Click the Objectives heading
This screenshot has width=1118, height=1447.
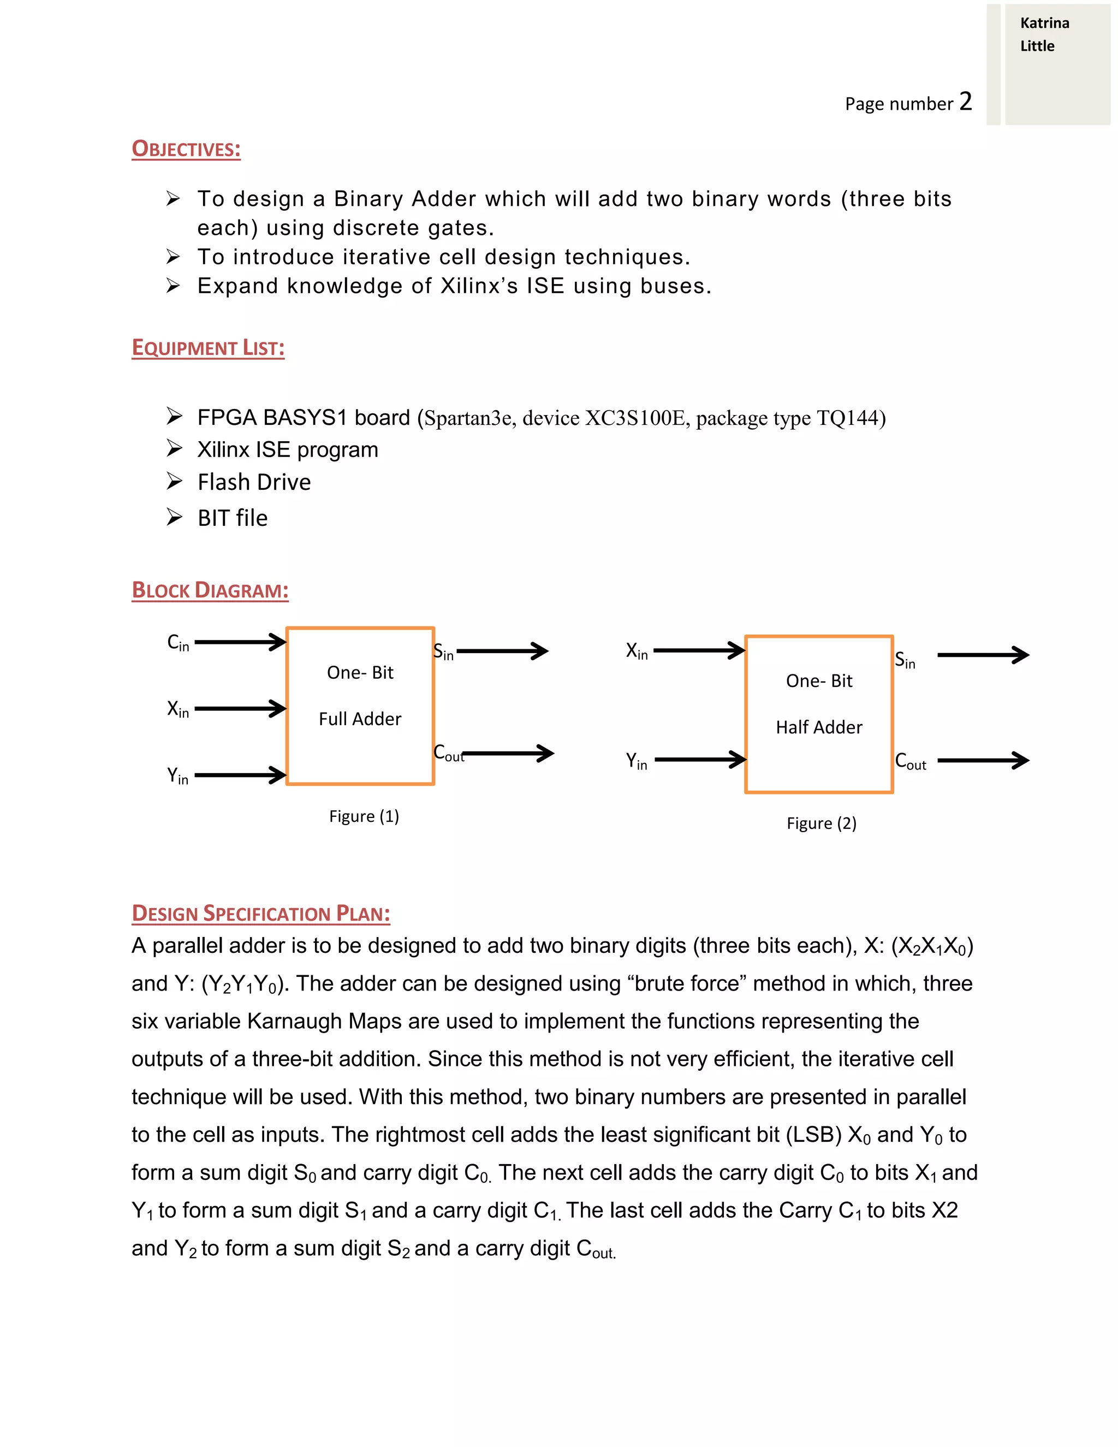pyautogui.click(x=186, y=149)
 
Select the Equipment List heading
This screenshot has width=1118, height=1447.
pyautogui.click(x=208, y=348)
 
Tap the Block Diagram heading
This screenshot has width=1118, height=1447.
pyautogui.click(x=210, y=590)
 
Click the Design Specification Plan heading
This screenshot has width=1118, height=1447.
pyautogui.click(x=261, y=913)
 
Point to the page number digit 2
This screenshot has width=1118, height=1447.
pyautogui.click(x=966, y=102)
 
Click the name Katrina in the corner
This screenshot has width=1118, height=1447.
pyautogui.click(x=1044, y=23)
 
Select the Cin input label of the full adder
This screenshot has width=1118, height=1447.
pyautogui.click(x=177, y=643)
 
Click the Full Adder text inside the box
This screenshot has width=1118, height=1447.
pyautogui.click(x=360, y=719)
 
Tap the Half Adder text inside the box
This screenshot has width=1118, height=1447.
pyautogui.click(x=819, y=727)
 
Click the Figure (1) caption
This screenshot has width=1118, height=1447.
pyautogui.click(x=364, y=816)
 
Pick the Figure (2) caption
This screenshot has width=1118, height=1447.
pyautogui.click(x=821, y=823)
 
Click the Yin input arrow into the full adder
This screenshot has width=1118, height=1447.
pyautogui.click(x=240, y=775)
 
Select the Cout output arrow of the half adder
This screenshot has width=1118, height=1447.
pyautogui.click(x=983, y=761)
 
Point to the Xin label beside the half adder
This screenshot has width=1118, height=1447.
pyautogui.click(x=637, y=651)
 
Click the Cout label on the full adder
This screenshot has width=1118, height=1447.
pyautogui.click(x=448, y=754)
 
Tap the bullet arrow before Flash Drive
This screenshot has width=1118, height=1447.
pyautogui.click(x=174, y=481)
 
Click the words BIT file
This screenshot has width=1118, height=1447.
pyautogui.click(x=233, y=518)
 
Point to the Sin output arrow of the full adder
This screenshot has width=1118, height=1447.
pyautogui.click(x=502, y=651)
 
